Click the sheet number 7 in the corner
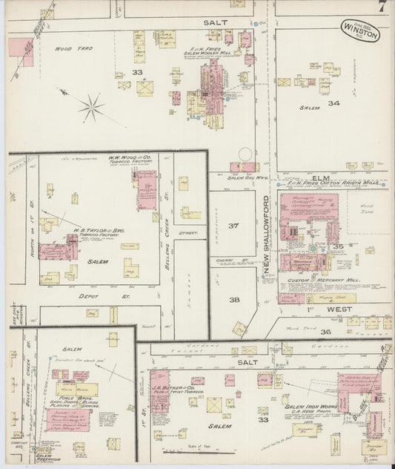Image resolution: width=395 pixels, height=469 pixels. click(380, 8)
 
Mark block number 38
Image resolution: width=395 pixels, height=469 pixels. click(234, 301)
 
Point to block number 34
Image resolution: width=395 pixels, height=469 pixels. click(334, 103)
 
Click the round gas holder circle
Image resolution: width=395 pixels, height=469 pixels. click(245, 154)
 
